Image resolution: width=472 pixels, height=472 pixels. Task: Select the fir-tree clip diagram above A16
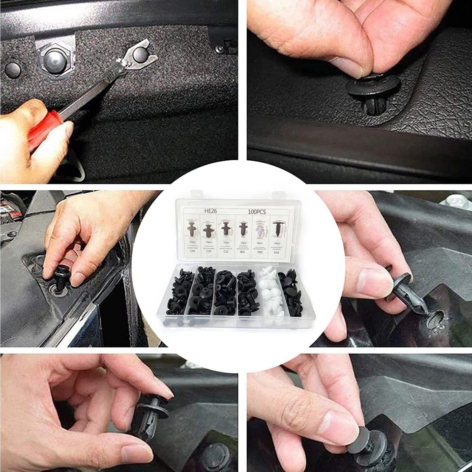278,229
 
